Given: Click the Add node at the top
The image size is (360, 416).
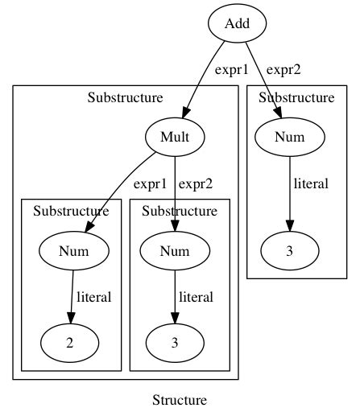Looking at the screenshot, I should pos(238,23).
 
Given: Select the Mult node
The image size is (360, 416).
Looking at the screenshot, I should pos(175,137).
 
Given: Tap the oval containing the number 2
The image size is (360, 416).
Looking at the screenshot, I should pos(70,342).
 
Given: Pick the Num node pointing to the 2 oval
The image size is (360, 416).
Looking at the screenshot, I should pos(73,251).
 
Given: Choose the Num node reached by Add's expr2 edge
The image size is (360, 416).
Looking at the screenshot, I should pos(290,137).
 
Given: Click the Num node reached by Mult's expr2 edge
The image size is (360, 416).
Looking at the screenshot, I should pos(175,251).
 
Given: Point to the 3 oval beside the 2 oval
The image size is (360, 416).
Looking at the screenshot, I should pos(175,342).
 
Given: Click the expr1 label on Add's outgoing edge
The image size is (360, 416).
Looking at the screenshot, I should pos(233,70).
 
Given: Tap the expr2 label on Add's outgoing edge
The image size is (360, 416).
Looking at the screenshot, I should pos(283,70).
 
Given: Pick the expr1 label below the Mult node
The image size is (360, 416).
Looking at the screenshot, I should pos(151,184).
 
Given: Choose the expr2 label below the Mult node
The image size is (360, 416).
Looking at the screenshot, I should pos(196,184).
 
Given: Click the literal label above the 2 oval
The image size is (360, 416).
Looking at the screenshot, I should pos(93,297).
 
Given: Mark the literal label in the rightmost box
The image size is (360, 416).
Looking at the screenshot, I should pos(311,184).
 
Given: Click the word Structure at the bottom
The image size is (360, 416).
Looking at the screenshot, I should pos(180,400).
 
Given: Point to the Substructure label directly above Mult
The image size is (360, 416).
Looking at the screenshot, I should pos(125,98).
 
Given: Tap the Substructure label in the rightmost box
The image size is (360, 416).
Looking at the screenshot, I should pos(296,98).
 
